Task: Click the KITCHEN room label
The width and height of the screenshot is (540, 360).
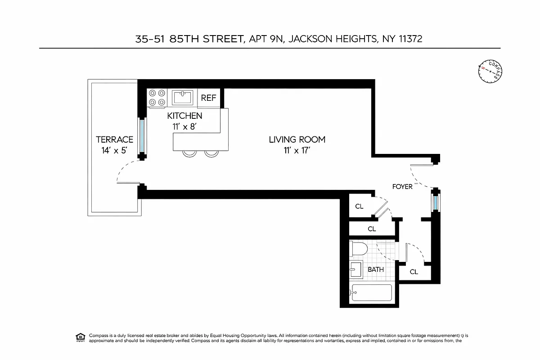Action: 184,116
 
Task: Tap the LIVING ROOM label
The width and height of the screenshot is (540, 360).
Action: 297,139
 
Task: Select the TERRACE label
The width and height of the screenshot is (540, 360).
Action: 114,139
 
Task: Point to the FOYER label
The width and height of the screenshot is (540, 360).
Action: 402,187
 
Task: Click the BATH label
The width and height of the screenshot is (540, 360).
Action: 376,270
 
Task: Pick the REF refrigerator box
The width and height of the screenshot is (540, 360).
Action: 208,98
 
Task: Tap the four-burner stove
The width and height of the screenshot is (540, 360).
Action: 157,98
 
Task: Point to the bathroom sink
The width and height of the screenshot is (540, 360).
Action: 355,270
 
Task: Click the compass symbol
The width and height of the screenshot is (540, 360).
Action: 490,71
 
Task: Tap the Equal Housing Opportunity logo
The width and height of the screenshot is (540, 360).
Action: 80,337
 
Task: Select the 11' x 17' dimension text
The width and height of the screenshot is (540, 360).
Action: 297,151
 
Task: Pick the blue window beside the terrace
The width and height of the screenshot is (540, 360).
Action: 142,136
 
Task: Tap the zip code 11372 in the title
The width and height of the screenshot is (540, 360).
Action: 410,39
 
